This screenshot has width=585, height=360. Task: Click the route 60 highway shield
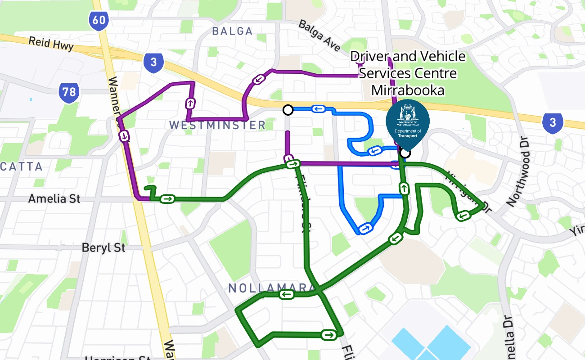tap(98, 20)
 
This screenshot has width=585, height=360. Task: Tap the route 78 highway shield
tap(69, 93)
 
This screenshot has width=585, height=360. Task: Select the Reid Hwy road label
tap(51, 44)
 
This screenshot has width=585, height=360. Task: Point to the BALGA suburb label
tap(232, 31)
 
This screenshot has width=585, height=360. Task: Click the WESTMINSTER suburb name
tap(217, 125)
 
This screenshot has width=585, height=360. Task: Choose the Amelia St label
tap(54, 198)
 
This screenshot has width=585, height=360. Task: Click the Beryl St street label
tap(103, 247)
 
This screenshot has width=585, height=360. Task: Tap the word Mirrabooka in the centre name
tap(408, 90)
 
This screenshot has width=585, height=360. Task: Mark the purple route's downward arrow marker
tap(124, 135)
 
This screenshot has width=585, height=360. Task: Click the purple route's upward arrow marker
tap(190, 103)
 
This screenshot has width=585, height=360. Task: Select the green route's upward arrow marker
tap(405, 189)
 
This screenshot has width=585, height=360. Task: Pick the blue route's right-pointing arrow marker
tap(366, 228)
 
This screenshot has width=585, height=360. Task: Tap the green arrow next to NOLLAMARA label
tap(287, 295)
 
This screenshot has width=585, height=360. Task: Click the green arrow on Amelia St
tap(168, 198)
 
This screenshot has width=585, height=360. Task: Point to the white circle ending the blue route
tap(288, 110)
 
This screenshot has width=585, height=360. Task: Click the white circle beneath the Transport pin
tap(405, 153)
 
